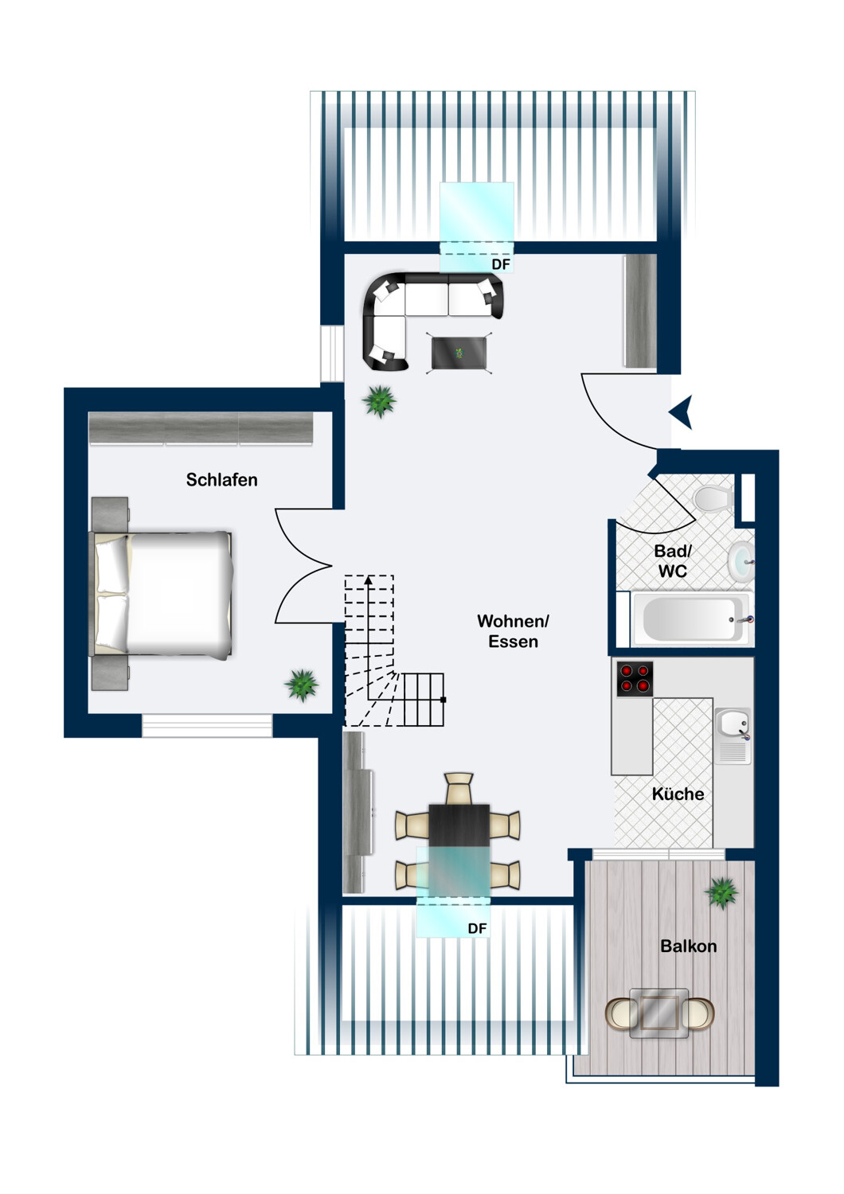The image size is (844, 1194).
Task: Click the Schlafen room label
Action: point(221,480)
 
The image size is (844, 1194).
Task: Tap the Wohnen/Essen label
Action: point(513,631)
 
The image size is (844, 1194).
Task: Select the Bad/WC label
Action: point(672,560)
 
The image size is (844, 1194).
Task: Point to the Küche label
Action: point(678,794)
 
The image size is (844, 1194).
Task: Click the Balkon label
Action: point(688,946)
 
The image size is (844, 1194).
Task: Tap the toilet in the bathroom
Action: point(713,498)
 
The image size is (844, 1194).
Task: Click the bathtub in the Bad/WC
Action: point(692,618)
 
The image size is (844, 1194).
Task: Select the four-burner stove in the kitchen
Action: point(635,678)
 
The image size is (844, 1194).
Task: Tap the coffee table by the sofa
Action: point(459,353)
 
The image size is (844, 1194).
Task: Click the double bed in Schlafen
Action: point(162,595)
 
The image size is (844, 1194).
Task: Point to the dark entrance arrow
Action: point(682,412)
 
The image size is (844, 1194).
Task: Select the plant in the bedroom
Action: point(301,685)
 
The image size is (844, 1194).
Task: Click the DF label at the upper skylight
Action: point(501,263)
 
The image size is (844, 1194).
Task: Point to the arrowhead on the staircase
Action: point(368,580)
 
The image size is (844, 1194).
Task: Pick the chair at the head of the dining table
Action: point(459,788)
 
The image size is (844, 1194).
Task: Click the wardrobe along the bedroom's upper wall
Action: point(201,427)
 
